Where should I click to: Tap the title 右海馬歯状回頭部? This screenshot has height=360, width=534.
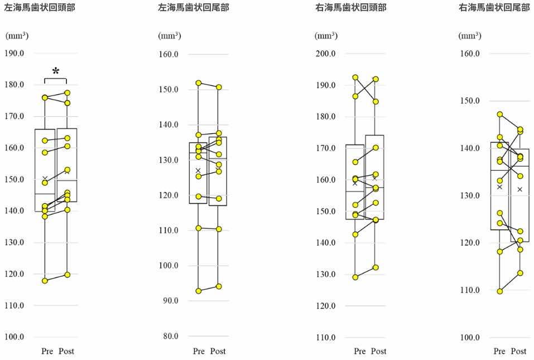pyautogui.click(x=350, y=8)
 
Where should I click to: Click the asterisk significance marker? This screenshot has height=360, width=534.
pyautogui.click(x=55, y=71)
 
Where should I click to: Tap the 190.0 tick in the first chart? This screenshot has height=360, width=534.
pyautogui.click(x=15, y=53)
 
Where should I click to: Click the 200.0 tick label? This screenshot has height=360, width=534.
pyautogui.click(x=326, y=54)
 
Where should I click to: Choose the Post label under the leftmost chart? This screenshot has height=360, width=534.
pyautogui.click(x=65, y=352)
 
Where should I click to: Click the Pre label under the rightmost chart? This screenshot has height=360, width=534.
pyautogui.click(x=499, y=352)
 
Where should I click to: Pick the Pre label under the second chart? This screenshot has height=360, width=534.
pyautogui.click(x=199, y=352)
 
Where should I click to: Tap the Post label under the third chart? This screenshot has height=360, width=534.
pyautogui.click(x=378, y=352)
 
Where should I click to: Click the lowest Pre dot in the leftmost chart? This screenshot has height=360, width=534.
pyautogui.click(x=45, y=281)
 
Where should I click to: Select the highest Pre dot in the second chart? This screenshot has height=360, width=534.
pyautogui.click(x=199, y=83)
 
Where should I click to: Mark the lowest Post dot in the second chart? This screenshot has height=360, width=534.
pyautogui.click(x=219, y=286)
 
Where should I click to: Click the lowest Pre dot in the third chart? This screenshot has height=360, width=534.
pyautogui.click(x=355, y=277)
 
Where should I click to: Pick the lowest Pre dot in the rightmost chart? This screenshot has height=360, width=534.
pyautogui.click(x=500, y=291)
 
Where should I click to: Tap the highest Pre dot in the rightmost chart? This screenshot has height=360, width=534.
pyautogui.click(x=500, y=114)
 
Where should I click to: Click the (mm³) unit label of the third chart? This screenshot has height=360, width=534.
pyautogui.click(x=325, y=36)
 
